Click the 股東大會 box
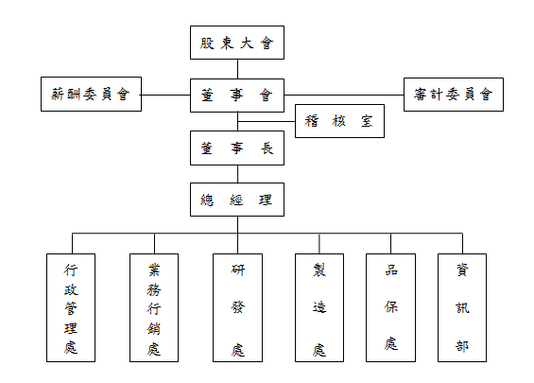click(237, 43)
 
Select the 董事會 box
click(237, 96)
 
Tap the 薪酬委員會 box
click(91, 94)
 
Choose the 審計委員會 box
click(454, 95)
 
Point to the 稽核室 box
click(339, 121)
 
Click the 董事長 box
click(237, 148)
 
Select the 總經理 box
click(237, 200)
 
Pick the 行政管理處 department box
click(71, 307)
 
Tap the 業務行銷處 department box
click(154, 307)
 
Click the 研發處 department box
click(238, 307)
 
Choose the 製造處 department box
click(319, 307)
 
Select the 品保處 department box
click(390, 307)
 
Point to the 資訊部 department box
click(462, 307)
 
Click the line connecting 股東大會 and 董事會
click(237, 69)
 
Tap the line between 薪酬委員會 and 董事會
click(165, 95)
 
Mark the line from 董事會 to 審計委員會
click(344, 96)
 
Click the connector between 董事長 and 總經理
click(237, 174)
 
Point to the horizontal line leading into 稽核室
click(267, 121)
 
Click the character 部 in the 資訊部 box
click(462, 346)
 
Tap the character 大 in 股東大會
click(248, 44)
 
